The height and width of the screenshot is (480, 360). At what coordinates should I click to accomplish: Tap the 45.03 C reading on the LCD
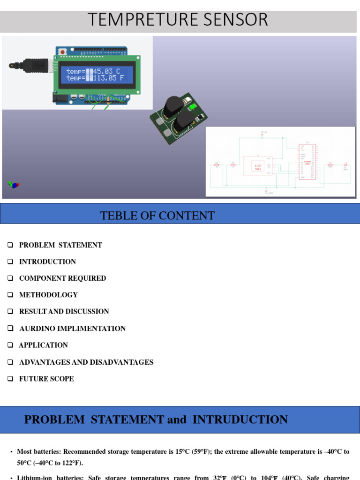click(x=107, y=71)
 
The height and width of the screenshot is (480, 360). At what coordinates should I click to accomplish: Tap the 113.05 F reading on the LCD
click(x=109, y=78)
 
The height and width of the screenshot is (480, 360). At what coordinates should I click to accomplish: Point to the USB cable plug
click(x=35, y=66)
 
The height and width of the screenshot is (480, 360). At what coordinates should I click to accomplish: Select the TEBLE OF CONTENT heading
click(x=157, y=216)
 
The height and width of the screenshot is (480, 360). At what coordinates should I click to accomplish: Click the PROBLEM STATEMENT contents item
click(x=60, y=245)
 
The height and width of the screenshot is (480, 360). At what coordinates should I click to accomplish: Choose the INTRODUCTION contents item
click(x=47, y=262)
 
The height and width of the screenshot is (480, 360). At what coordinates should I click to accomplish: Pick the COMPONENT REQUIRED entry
click(x=62, y=278)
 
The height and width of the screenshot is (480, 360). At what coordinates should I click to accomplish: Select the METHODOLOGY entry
click(x=48, y=295)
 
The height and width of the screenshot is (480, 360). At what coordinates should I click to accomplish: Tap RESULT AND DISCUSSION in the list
click(x=64, y=312)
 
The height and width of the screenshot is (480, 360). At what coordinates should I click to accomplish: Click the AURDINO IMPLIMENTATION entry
click(x=72, y=329)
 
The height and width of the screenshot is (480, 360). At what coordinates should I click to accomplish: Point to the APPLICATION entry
click(x=43, y=345)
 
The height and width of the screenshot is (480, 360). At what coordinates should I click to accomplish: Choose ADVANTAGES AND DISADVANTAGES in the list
click(x=86, y=362)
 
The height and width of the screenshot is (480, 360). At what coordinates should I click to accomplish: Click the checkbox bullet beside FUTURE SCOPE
click(x=10, y=379)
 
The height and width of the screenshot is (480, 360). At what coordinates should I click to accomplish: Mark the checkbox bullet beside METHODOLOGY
click(x=10, y=295)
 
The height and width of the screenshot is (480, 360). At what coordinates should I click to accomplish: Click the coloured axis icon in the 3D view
click(x=14, y=185)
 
